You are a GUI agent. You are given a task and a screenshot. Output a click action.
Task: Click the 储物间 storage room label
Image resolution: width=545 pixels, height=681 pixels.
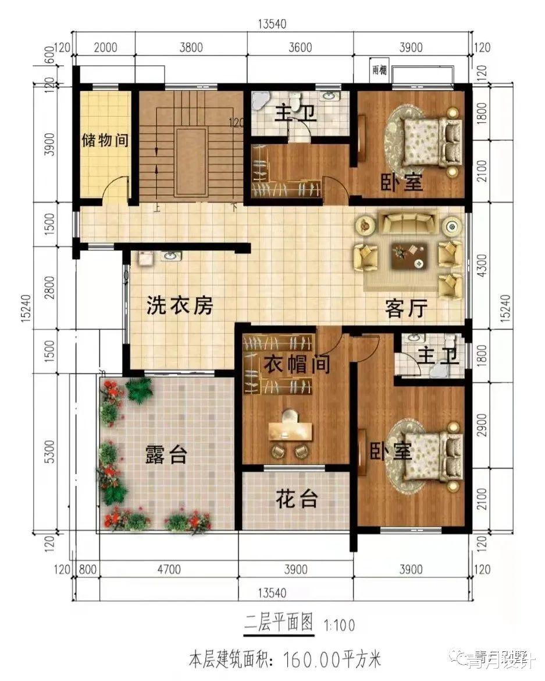tap(105, 141)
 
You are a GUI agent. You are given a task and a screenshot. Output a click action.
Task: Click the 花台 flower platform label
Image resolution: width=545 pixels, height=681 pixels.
tap(297, 499)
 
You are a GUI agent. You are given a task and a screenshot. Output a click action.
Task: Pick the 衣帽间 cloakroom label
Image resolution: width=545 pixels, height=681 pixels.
tap(297, 365)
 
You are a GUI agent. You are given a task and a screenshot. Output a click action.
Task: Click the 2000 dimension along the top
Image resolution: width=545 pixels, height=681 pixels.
tap(105, 48)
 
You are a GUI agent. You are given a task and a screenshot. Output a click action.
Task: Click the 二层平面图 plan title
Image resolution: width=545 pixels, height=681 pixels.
tap(278, 624)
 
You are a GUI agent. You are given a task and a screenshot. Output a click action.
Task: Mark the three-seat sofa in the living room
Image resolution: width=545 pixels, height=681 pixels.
tap(408, 222)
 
